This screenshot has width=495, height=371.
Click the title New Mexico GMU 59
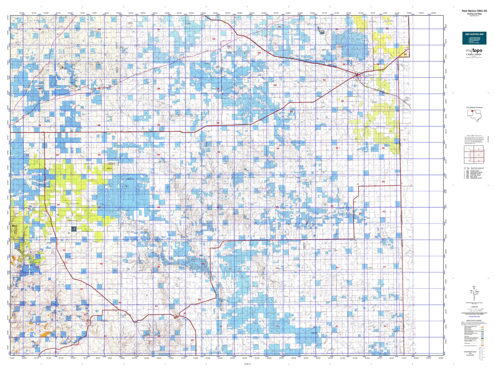coord(474,11)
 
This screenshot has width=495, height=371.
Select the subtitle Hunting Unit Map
coord(474,14)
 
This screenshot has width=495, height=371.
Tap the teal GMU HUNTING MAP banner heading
coord(474,34)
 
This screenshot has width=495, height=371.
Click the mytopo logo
coord(474,51)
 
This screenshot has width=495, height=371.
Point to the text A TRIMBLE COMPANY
coord(474,54)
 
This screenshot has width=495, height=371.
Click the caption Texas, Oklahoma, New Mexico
coord(474,107)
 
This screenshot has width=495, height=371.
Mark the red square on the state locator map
coord(472,115)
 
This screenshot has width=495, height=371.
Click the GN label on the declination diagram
coord(474,286)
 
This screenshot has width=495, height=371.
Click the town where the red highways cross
coord(357,74)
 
